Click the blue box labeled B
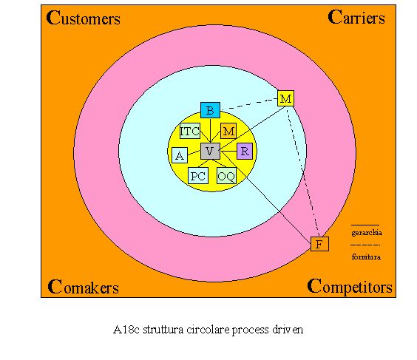210,110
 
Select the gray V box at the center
210,151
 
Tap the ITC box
190,131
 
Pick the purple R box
245,152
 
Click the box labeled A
180,155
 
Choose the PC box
198,176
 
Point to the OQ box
226,176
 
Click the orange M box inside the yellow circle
228,131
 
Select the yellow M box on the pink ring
285,98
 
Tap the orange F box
319,244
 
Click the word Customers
84,18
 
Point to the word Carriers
356,17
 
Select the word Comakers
84,287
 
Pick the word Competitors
350,287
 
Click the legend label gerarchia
367,233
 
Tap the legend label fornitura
366,257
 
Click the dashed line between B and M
249,104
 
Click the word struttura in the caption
163,330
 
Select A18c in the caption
126,330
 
